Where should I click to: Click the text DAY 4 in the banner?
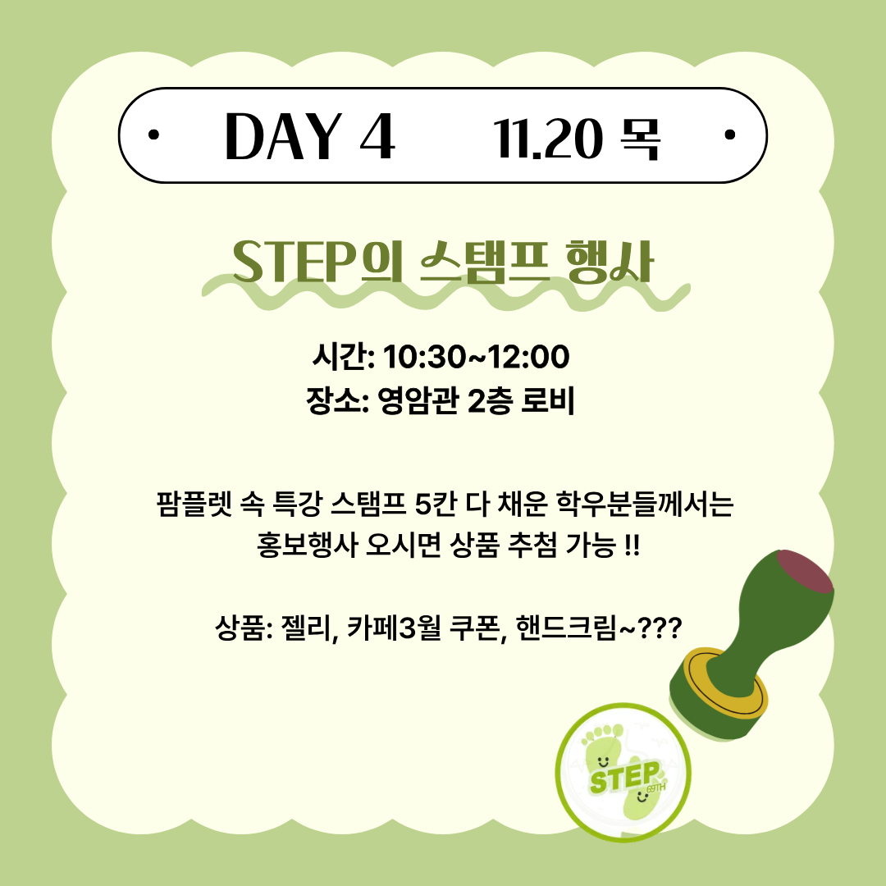tap(310, 136)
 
